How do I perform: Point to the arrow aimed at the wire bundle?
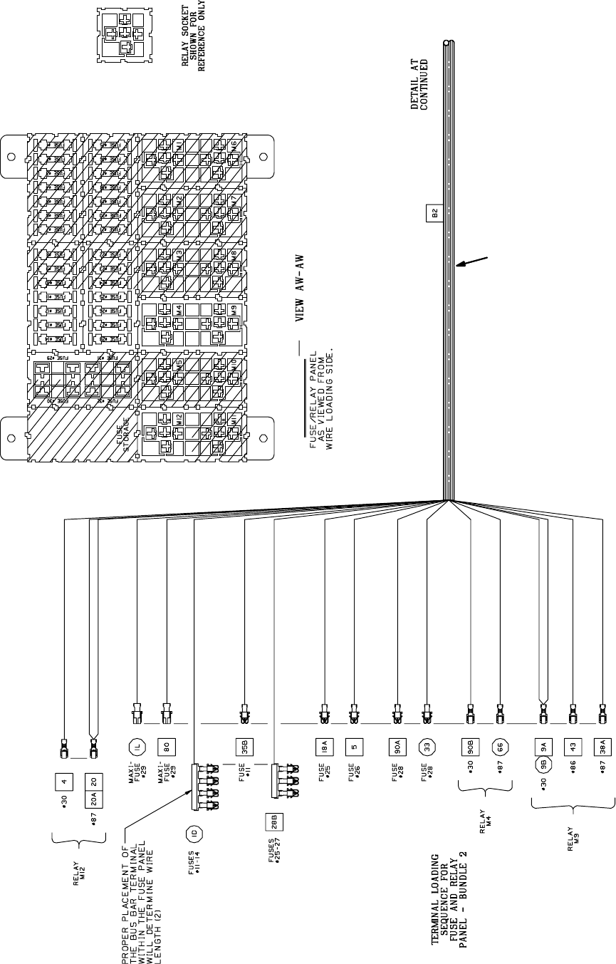click(x=473, y=261)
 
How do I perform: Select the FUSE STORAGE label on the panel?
click(x=125, y=435)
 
